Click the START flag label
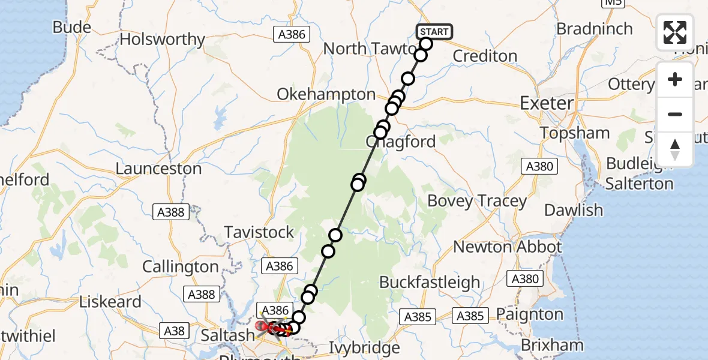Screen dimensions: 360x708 [x=433, y=32]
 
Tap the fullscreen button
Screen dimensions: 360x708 [x=675, y=32]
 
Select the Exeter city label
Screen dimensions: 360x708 [x=547, y=103]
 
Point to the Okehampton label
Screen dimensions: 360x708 [x=326, y=94]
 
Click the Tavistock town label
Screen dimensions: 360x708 [x=259, y=232]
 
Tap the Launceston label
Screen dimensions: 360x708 [x=158, y=168]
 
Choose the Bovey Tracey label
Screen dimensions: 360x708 [x=477, y=201]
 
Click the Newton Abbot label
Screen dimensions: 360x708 [x=508, y=247]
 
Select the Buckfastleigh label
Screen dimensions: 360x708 [x=430, y=282]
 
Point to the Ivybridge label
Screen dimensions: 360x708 [x=365, y=347]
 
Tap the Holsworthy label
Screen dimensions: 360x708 [x=163, y=40]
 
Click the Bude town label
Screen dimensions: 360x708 [x=72, y=27]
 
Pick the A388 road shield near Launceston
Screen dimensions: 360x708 [x=171, y=211]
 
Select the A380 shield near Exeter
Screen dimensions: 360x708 [x=539, y=166]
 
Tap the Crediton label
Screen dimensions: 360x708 [x=485, y=56]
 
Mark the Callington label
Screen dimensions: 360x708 [x=180, y=266]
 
